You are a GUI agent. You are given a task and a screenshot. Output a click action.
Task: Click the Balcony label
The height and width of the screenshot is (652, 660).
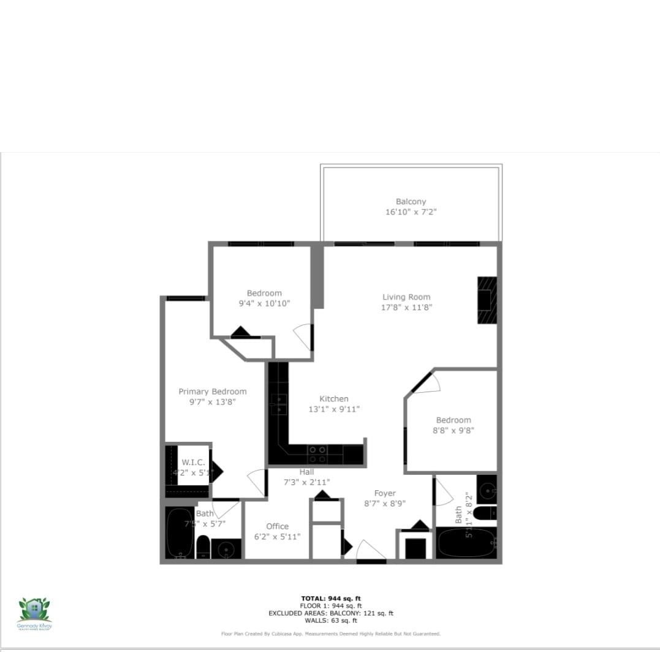411,201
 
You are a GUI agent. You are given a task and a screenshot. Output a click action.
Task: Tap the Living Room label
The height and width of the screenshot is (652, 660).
406,297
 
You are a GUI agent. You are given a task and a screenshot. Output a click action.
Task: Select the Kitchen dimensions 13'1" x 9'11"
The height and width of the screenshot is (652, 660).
333,409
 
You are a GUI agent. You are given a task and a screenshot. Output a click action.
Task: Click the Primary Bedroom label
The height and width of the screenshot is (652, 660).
212,392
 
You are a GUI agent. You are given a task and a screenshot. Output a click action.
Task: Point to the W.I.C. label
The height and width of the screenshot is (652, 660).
193,463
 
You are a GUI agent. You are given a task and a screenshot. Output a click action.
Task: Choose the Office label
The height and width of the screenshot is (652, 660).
277,526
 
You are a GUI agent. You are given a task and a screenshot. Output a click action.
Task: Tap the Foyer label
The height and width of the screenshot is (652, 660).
385,493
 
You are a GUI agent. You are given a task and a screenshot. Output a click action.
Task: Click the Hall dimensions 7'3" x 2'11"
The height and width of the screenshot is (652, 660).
306,482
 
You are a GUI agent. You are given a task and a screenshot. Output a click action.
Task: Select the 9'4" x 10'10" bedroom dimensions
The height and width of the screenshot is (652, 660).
264,303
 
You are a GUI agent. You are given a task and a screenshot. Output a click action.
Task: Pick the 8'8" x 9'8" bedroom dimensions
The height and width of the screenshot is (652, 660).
453,430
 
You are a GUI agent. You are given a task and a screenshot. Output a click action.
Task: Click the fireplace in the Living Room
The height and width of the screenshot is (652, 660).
487,300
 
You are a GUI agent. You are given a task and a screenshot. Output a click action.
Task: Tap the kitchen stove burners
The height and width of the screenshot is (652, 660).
317,454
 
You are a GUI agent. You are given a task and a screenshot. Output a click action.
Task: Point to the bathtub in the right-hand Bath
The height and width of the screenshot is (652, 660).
466,543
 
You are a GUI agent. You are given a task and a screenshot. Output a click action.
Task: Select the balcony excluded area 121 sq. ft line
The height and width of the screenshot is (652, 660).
331,613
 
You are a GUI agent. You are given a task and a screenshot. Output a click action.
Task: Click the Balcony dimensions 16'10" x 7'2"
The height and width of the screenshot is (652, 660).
411,212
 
